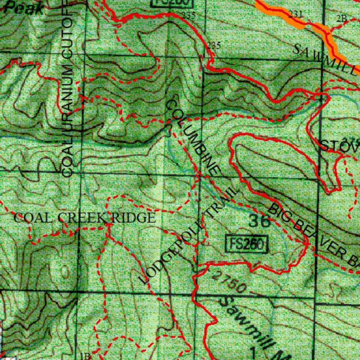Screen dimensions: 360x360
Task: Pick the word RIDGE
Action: pyautogui.click(x=133, y=218)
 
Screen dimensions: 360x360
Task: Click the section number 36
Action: pyautogui.click(x=259, y=221)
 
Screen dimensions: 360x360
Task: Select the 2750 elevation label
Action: pyautogui.click(x=229, y=282)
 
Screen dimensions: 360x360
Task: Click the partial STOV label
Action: pyautogui.click(x=339, y=146)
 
